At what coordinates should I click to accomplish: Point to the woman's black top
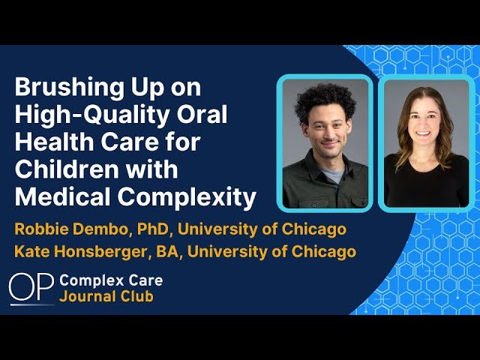click(x=425, y=184)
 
